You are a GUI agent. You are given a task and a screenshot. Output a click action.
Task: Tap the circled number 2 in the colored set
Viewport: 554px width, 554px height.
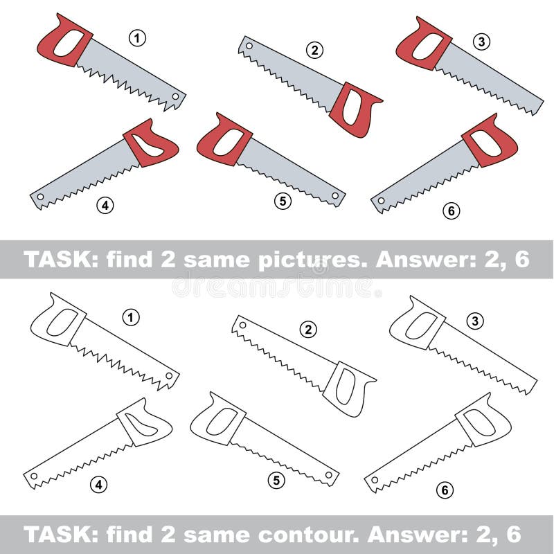click(315, 49)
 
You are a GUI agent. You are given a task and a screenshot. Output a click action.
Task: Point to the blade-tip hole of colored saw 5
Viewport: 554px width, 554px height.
click(335, 197)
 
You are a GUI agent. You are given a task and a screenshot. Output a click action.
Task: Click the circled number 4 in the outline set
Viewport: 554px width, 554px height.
click(100, 485)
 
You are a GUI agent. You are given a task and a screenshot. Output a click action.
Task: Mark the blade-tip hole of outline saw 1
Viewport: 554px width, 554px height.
click(168, 377)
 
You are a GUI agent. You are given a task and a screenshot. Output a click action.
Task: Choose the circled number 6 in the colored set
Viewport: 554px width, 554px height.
click(451, 212)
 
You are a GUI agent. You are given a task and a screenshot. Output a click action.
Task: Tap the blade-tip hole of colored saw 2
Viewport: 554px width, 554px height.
click(248, 47)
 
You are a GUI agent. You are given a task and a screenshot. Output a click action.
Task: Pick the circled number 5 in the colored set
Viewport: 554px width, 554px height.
click(282, 201)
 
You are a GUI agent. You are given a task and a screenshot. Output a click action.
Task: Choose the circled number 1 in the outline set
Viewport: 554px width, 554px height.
click(131, 318)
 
